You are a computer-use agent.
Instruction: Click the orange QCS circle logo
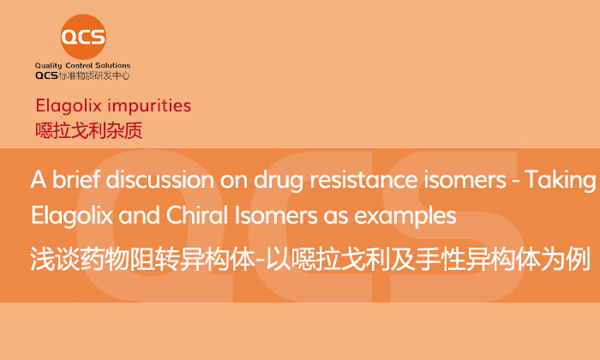(x=83, y=37)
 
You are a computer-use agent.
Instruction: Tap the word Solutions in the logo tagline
(x=113, y=65)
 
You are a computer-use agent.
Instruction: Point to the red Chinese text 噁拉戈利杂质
(x=89, y=130)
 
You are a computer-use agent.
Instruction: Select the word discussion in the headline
(x=159, y=179)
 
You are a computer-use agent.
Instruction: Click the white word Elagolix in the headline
(x=72, y=215)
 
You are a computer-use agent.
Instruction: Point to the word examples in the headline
(x=405, y=218)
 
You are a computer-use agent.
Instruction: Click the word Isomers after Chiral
(x=275, y=215)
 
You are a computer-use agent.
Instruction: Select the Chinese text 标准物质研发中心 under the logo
(x=94, y=75)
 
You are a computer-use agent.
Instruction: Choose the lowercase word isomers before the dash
(x=465, y=179)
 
